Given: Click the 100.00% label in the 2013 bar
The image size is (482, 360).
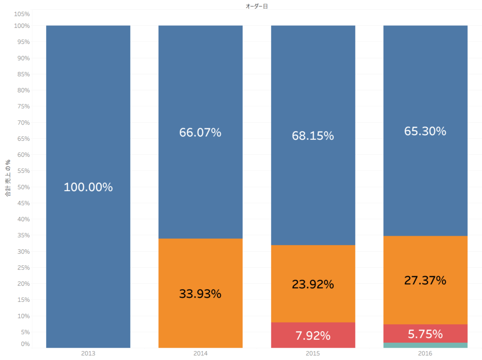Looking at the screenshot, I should coord(88,187).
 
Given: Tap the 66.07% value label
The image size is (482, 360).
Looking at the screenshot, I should coord(200,133).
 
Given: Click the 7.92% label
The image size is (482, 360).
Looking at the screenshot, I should coord(313,336).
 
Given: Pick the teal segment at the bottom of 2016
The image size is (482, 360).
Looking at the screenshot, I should coord(425,345).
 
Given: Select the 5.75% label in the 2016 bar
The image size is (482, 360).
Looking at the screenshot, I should coord(425,334).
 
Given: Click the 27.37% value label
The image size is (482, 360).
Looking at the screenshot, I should coord(425,280).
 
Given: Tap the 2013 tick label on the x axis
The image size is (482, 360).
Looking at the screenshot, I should coord(88,353).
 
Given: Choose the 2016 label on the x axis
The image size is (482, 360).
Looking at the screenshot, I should coord(425,353).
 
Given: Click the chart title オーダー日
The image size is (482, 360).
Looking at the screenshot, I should coord(257,6).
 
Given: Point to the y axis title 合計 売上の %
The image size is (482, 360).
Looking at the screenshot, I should coord(8,178).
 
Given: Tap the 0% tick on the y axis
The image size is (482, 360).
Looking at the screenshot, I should coord(25,344).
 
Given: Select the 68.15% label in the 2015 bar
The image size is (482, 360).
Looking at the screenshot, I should coord(313,136).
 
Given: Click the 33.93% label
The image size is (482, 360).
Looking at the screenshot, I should coord(200,294).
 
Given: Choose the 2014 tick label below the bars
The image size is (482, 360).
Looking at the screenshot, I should coord(200,353).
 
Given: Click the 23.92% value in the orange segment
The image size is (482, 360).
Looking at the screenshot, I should coord(313,285).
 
